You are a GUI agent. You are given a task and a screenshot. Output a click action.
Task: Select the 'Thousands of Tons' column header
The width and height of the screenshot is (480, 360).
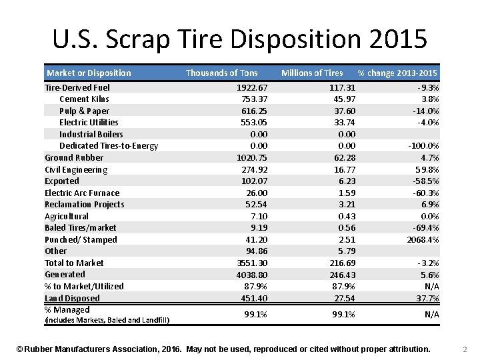[x=221, y=73]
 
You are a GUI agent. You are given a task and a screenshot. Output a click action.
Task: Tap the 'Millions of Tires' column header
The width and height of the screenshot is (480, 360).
[x=312, y=73]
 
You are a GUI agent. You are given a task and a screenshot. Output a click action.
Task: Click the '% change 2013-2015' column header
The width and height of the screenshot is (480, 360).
[x=397, y=73]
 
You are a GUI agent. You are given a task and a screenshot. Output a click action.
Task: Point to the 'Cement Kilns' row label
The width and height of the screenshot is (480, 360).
[x=84, y=99]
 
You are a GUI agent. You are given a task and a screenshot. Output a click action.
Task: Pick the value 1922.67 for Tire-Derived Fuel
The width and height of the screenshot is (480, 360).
[x=252, y=87]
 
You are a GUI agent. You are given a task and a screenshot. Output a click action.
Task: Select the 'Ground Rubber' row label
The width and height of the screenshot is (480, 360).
[x=74, y=157]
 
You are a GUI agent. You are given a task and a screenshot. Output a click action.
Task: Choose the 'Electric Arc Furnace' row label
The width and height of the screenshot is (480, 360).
[x=82, y=193]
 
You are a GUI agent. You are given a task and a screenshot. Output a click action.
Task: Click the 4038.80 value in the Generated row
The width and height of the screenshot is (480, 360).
[x=252, y=274]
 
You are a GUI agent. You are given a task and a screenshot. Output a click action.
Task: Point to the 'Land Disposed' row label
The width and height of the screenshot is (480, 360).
[x=72, y=298]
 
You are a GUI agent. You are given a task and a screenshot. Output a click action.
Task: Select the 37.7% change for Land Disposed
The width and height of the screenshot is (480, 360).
[x=427, y=298]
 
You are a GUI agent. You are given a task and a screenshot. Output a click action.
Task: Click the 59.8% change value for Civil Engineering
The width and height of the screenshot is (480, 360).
[x=427, y=169]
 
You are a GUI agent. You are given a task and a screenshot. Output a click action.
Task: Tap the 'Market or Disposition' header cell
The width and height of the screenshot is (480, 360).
[x=89, y=73]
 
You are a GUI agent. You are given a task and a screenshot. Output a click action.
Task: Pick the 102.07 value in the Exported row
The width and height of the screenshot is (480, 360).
[x=254, y=181]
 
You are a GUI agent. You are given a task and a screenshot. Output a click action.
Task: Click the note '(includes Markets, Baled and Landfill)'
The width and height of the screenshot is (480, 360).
[x=107, y=321]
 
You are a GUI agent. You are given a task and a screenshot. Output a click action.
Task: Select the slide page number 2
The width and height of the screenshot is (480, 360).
[x=465, y=349]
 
